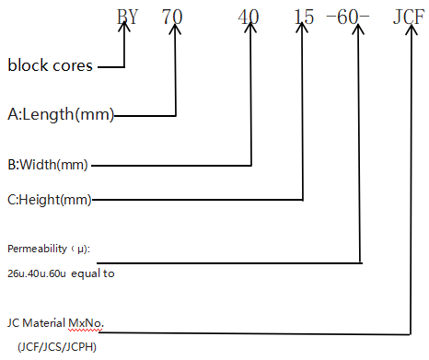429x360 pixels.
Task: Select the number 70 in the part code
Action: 173,15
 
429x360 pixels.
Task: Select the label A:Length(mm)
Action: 60,114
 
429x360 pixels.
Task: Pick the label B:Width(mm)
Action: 49,165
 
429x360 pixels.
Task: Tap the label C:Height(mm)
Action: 52,199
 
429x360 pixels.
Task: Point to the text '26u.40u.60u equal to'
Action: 61,273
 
